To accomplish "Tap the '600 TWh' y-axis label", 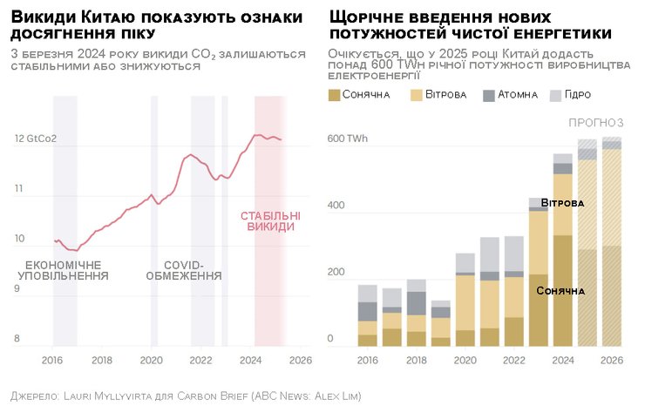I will [347, 139].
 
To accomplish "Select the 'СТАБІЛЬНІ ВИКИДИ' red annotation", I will [270, 221].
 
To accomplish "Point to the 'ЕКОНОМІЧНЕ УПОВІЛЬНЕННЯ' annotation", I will [64, 270].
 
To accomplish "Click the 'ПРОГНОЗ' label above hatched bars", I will [596, 122].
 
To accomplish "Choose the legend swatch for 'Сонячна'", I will [335, 94].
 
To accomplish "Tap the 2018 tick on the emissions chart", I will [102, 359].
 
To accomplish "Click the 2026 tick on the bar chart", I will [612, 359].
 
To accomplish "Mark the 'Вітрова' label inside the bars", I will [562, 203].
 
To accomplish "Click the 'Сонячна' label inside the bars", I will [560, 290].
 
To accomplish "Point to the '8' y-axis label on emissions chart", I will [17, 339].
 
